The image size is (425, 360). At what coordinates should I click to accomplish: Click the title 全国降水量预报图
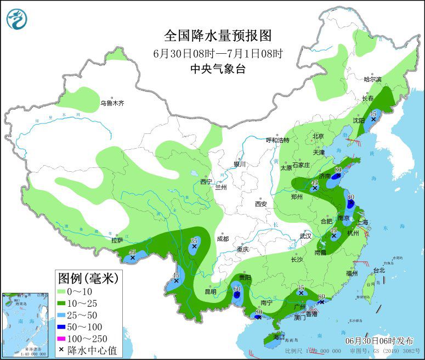pyautogui.click(x=218, y=36)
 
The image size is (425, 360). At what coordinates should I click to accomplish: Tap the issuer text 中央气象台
pyautogui.click(x=218, y=69)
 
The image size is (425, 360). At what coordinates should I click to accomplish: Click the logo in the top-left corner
pyautogui.click(x=18, y=19)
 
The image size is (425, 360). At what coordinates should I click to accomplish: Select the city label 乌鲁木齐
pyautogui.click(x=112, y=103)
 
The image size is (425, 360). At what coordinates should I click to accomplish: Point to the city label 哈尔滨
pyautogui.click(x=372, y=79)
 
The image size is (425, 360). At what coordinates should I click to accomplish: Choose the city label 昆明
pyautogui.click(x=209, y=291)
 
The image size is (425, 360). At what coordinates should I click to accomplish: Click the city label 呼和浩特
pyautogui.click(x=277, y=140)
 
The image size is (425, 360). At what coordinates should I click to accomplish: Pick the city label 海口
pyautogui.click(x=279, y=336)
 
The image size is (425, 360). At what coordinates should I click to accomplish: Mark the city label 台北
pyautogui.click(x=379, y=270)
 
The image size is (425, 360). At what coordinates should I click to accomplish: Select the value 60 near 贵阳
pyautogui.click(x=237, y=289)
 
